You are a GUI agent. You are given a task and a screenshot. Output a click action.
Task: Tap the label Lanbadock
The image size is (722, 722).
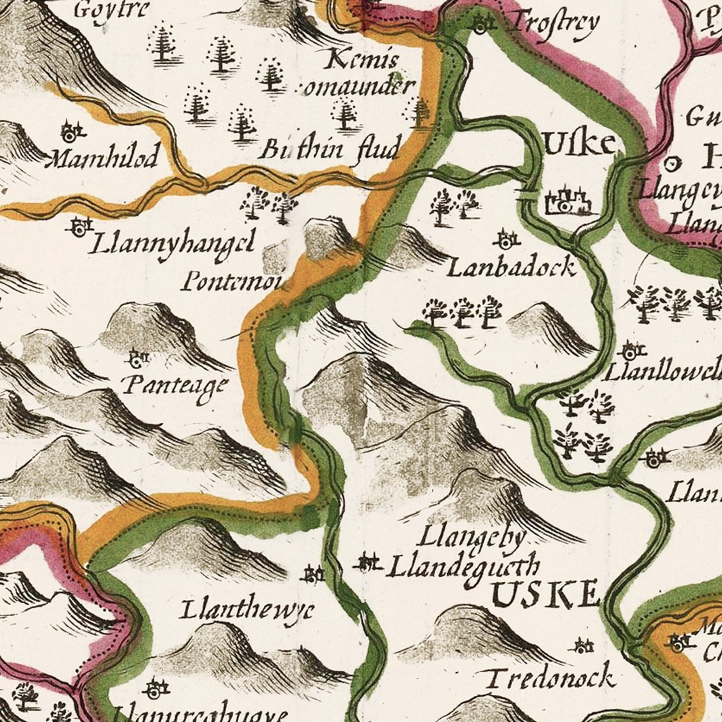pos(511,268)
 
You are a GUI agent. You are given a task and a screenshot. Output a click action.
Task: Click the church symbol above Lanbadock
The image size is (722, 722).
pos(507,238)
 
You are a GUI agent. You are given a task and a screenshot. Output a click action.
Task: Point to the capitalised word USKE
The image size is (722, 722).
pos(546,595)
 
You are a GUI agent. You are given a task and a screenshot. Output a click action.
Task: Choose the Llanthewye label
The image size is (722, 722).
pos(247,610)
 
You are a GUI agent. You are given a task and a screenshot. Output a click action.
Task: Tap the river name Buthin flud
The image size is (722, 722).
pos(329,150)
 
